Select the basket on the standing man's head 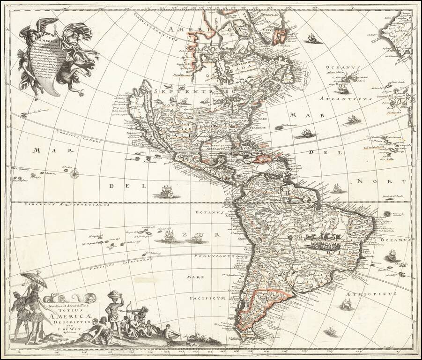click(x=114, y=295)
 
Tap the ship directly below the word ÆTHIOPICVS click(x=347, y=305)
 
